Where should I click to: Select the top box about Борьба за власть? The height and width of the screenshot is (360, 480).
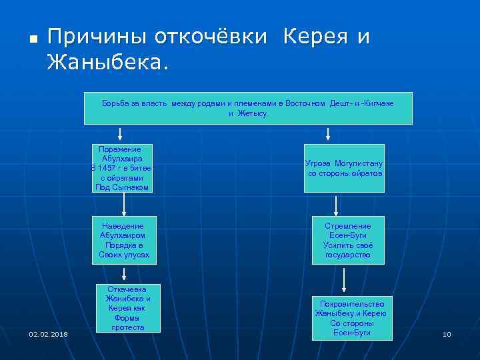pyautogui.click(x=248, y=108)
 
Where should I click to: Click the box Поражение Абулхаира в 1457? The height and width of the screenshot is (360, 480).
pyautogui.click(x=122, y=169)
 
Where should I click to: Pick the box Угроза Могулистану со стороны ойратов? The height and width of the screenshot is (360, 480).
pyautogui.click(x=344, y=168)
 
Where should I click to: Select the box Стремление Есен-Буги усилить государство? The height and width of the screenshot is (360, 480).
pyautogui.click(x=344, y=240)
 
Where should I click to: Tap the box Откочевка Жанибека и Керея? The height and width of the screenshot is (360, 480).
pyautogui.click(x=127, y=308)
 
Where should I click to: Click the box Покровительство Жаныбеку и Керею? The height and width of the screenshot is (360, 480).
pyautogui.click(x=351, y=317)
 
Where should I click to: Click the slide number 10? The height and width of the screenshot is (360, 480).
pyautogui.click(x=447, y=334)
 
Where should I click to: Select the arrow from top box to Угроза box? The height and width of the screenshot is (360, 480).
pyautogui.click(x=328, y=134)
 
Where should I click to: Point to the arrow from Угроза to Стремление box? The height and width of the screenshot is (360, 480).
pyautogui.click(x=336, y=205)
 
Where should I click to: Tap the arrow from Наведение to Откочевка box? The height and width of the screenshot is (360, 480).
pyautogui.click(x=124, y=273)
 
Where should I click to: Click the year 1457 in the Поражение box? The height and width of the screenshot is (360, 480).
pyautogui.click(x=107, y=169)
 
